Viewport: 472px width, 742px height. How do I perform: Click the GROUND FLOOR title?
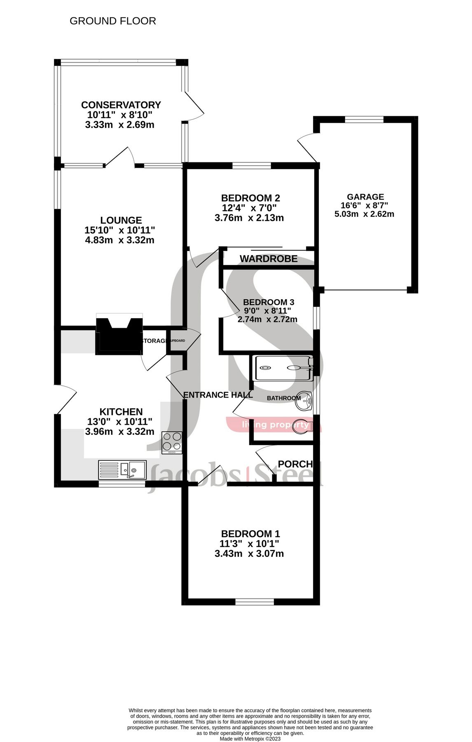tap(112, 21)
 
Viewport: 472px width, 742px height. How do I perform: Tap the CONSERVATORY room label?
tap(121, 105)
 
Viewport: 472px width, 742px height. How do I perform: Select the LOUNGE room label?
tap(121, 221)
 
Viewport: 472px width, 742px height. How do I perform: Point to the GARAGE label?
tap(365, 197)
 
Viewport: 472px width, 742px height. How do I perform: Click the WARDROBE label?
tap(269, 259)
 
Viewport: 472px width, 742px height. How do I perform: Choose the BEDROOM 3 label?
tap(268, 302)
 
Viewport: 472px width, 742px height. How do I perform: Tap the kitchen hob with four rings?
tap(172, 442)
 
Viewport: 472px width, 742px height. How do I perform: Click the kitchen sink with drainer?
tap(122, 470)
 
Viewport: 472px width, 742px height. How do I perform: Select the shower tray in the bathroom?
tap(283, 368)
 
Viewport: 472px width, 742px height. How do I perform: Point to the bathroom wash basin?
tap(304, 402)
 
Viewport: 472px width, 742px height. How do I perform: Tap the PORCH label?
tap(295, 464)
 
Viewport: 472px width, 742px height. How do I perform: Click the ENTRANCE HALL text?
tap(218, 395)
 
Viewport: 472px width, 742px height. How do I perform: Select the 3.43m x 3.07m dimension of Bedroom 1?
tap(249, 554)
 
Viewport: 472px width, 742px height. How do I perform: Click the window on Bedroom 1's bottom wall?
tap(255, 601)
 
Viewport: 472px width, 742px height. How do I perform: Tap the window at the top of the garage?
tap(364, 120)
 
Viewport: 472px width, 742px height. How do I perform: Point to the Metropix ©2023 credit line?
tap(250, 739)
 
